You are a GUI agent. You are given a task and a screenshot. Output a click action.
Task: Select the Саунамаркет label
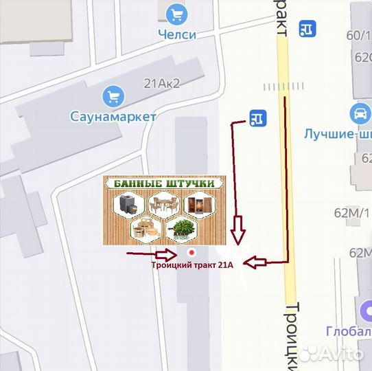pyautogui.click(x=113, y=116)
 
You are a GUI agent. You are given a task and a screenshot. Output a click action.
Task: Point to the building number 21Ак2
pyautogui.click(x=161, y=83)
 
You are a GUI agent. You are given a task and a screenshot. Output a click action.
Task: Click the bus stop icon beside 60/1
pyautogui.click(x=308, y=28)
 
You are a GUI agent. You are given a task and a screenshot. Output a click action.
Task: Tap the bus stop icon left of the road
pyautogui.click(x=257, y=118)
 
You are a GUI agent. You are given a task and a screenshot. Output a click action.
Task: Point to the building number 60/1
pyautogui.click(x=358, y=36)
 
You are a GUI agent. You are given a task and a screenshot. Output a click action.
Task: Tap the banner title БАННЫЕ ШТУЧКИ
pyautogui.click(x=164, y=184)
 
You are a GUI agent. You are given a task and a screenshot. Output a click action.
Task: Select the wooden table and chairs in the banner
pyautogui.click(x=164, y=204)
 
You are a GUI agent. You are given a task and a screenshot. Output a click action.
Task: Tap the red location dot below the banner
pyautogui.click(x=191, y=252)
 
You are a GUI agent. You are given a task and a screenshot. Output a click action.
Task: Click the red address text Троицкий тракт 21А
pyautogui.click(x=192, y=265)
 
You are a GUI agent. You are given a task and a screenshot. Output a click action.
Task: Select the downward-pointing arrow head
pyautogui.click(x=237, y=231)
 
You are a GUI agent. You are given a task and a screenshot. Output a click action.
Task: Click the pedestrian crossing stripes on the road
pyautogui.click(x=283, y=87)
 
